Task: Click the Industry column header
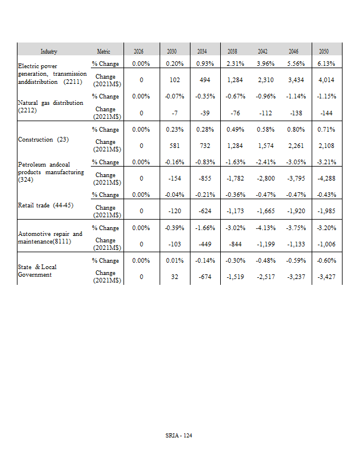point(49,52)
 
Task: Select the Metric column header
point(103,52)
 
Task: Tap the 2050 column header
point(326,52)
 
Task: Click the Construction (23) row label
point(44,140)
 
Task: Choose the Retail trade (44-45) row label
point(45,205)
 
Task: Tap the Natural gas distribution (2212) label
point(51,106)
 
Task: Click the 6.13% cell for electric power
point(326,63)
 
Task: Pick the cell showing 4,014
point(326,80)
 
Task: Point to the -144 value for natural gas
point(326,113)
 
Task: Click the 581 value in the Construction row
point(171,146)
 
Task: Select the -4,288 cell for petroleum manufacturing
point(326,178)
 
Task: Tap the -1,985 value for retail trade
point(326,211)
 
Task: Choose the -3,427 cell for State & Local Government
point(326,277)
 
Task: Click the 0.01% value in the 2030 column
point(171,260)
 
